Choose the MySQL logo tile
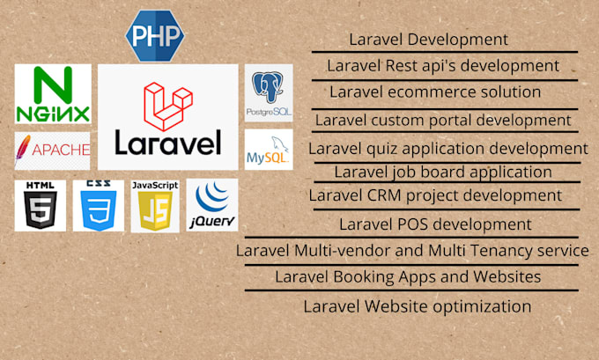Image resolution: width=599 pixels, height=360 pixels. point(269,151)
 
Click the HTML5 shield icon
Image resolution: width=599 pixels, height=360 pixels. point(40,206)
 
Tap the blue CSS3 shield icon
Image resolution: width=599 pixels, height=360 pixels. point(98,206)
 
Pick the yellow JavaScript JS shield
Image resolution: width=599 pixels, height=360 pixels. point(155,206)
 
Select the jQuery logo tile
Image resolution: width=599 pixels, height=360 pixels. point(212,206)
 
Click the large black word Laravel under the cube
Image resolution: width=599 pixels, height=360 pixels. point(167,141)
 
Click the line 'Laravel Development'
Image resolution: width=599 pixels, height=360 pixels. point(428,40)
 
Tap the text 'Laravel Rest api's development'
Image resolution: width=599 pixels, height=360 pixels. point(442,65)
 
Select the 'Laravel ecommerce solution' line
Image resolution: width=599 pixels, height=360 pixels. point(435,92)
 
